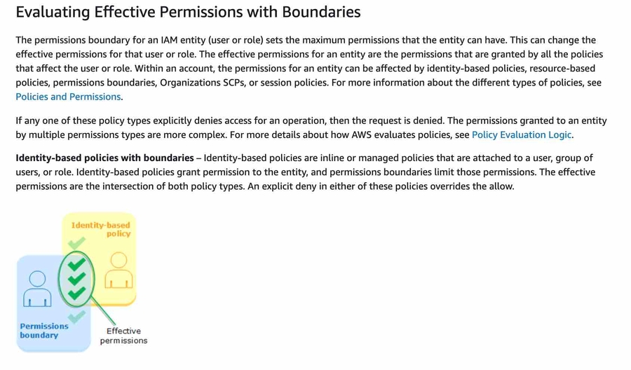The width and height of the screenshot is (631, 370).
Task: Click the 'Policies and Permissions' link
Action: (68, 97)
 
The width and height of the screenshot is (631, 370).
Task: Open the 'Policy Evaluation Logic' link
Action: (522, 135)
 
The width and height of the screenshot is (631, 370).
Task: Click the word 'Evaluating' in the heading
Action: (53, 12)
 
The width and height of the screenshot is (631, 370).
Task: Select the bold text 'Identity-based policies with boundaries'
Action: (104, 158)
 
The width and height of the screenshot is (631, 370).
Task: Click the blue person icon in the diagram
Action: (37, 288)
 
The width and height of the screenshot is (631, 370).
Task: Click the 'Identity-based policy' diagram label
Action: (102, 229)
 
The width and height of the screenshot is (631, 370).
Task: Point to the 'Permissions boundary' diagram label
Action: (43, 331)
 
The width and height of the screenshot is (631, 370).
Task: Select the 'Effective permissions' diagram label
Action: (123, 336)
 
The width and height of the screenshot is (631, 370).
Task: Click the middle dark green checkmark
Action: (77, 279)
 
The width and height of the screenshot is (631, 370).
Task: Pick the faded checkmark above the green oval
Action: (76, 244)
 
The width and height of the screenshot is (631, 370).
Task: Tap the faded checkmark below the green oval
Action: (76, 317)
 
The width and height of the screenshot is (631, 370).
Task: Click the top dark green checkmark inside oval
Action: (77, 264)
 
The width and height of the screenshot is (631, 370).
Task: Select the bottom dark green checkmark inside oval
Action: (77, 293)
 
